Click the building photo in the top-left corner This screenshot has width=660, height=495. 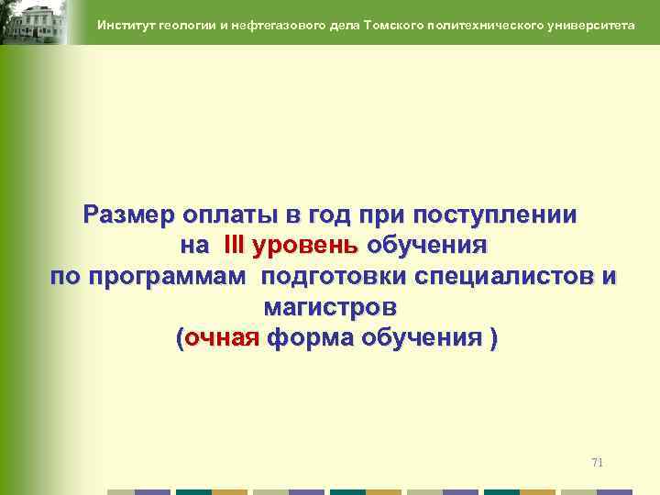coord(33,22)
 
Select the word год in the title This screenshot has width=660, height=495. coord(341,215)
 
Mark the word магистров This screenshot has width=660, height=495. coord(330,307)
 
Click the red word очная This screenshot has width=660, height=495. coord(223,338)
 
